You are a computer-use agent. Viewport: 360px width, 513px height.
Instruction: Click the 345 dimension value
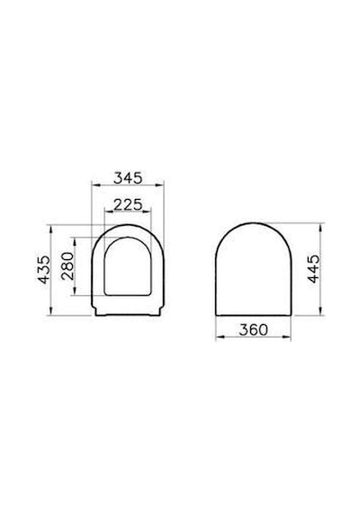coord(128,178)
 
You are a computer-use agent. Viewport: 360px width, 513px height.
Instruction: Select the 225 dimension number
coord(128,205)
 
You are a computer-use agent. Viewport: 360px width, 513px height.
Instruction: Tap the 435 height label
coord(44,270)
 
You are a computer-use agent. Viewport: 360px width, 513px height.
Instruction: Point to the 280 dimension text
coord(67,266)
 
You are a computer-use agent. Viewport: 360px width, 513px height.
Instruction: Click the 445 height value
coord(314,269)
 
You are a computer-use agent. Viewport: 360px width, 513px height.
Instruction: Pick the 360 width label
coord(253,329)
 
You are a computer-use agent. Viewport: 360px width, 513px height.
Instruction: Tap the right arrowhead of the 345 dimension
coord(159,185)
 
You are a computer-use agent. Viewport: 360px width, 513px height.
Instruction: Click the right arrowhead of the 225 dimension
coord(148,212)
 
